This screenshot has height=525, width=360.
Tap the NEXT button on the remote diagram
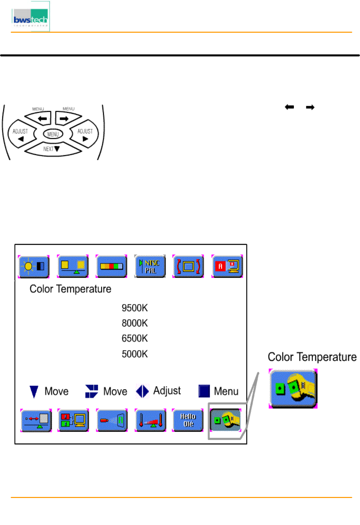pyautogui.click(x=52, y=149)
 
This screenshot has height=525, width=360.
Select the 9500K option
pyautogui.click(x=135, y=308)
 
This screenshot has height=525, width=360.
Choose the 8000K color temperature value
pyautogui.click(x=135, y=323)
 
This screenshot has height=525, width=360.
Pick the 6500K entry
pyautogui.click(x=135, y=338)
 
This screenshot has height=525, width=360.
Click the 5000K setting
pyautogui.click(x=135, y=354)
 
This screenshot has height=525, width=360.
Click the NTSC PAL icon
pyautogui.click(x=150, y=266)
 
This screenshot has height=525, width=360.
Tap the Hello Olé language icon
pyautogui.click(x=188, y=420)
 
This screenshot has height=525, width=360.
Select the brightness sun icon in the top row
pyautogui.click(x=34, y=266)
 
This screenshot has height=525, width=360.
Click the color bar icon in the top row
pyautogui.click(x=111, y=266)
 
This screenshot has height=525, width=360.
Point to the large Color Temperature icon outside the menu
pyautogui.click(x=293, y=388)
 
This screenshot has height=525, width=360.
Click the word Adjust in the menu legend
pyautogui.click(x=167, y=390)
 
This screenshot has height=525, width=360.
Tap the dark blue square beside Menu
pyautogui.click(x=204, y=391)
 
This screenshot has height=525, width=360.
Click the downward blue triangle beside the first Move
pyautogui.click(x=34, y=391)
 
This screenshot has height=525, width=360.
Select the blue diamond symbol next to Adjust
pyautogui.click(x=143, y=391)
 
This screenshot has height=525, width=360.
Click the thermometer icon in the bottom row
pyautogui.click(x=150, y=420)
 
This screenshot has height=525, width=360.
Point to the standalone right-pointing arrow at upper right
pyautogui.click(x=310, y=107)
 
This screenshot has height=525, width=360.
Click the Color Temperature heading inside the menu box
pyautogui.click(x=70, y=289)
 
